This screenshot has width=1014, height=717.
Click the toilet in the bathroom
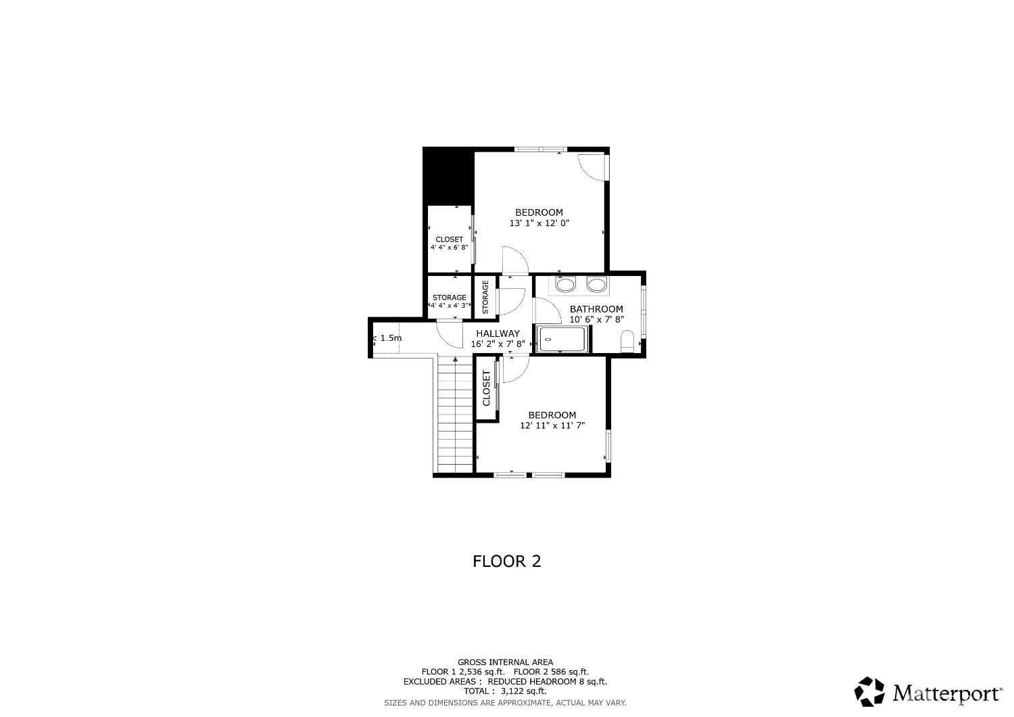click(627, 341)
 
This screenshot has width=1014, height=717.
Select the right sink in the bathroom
click(596, 285)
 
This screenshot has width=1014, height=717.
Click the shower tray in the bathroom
click(562, 339)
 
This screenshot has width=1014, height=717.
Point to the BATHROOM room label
click(596, 309)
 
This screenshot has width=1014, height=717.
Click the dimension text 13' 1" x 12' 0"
click(539, 223)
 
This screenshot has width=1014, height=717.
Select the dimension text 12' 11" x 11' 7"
click(552, 426)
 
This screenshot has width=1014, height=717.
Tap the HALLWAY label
click(498, 333)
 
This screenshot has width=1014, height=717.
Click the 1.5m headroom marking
click(390, 338)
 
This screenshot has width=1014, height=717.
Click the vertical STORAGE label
click(485, 297)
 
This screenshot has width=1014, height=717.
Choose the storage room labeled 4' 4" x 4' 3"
click(450, 301)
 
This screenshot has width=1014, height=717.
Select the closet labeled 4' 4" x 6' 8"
click(450, 243)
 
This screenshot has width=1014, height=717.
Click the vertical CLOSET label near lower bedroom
click(486, 388)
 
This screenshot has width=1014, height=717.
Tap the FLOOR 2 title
click(506, 561)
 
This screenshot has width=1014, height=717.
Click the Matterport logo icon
click(869, 692)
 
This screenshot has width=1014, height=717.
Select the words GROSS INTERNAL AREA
click(505, 662)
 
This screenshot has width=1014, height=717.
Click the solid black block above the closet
click(448, 176)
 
